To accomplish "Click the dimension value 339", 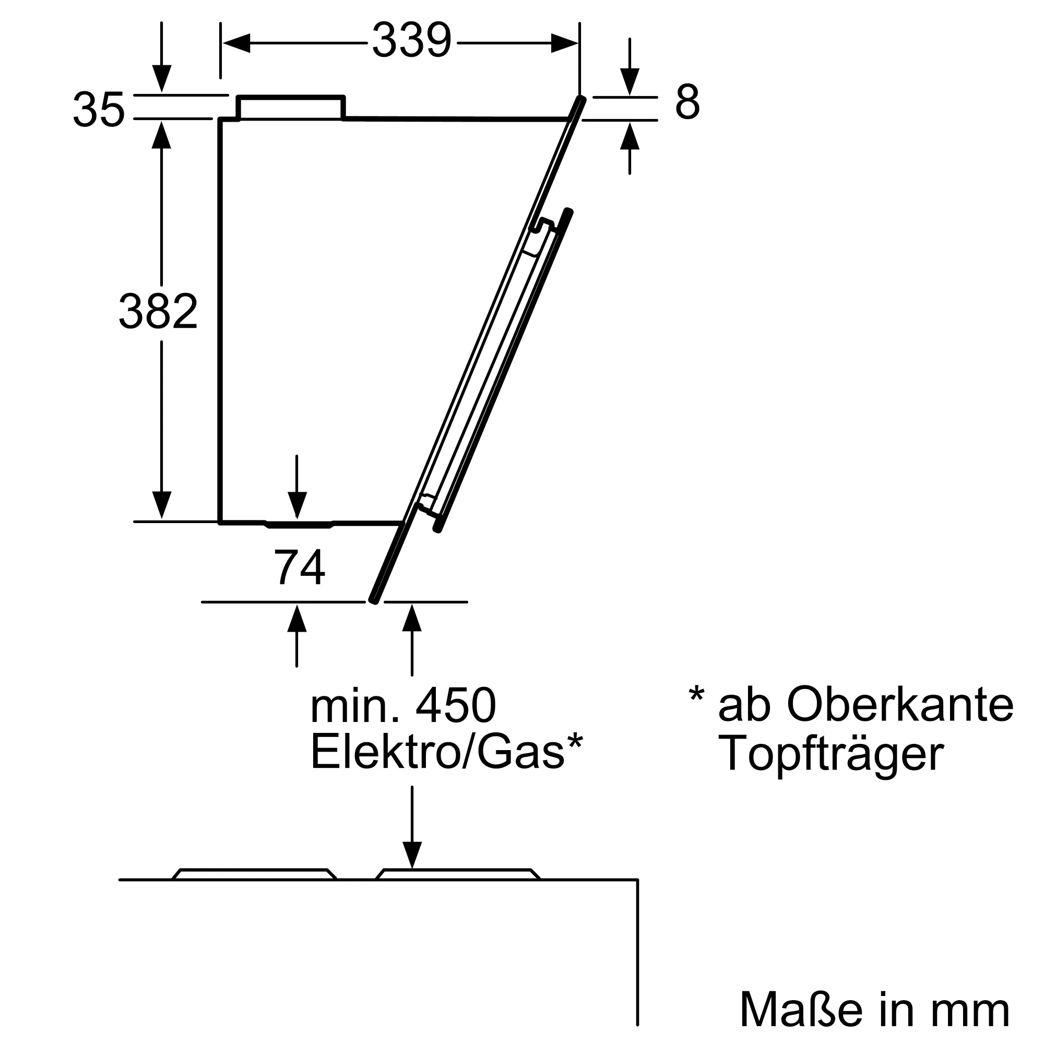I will pyautogui.click(x=411, y=41).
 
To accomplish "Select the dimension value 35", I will pyautogui.click(x=99, y=110).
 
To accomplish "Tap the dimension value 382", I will pyautogui.click(x=158, y=311).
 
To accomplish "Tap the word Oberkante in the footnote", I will pyautogui.click(x=900, y=705).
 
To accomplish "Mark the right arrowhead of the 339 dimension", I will pyautogui.click(x=565, y=43).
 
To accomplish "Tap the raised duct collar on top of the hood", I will pyautogui.click(x=291, y=108).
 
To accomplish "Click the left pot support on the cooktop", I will pyautogui.click(x=254, y=873).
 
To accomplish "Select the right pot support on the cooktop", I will pyautogui.click(x=458, y=873).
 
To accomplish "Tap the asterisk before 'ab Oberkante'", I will pyautogui.click(x=696, y=694).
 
